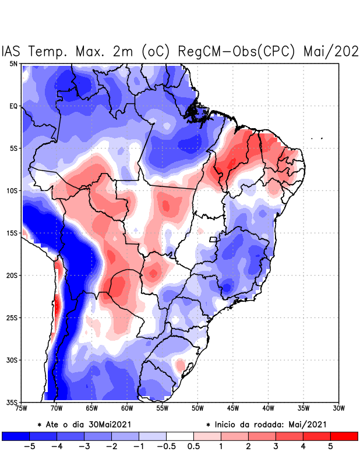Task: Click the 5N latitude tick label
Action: point(13,63)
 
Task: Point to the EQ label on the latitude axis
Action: point(13,106)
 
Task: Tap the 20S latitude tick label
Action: point(12,276)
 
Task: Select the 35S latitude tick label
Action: point(12,403)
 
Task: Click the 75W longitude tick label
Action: point(22,408)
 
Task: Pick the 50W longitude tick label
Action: point(197,408)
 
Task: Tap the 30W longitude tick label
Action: point(339,408)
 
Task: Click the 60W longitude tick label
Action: point(127,408)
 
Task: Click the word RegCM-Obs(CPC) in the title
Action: point(238,51)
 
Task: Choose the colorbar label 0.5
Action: point(193,447)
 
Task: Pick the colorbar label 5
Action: point(330,447)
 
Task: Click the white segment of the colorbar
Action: point(180,436)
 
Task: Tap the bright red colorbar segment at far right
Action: point(344,436)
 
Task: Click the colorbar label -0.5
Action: point(166,447)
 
